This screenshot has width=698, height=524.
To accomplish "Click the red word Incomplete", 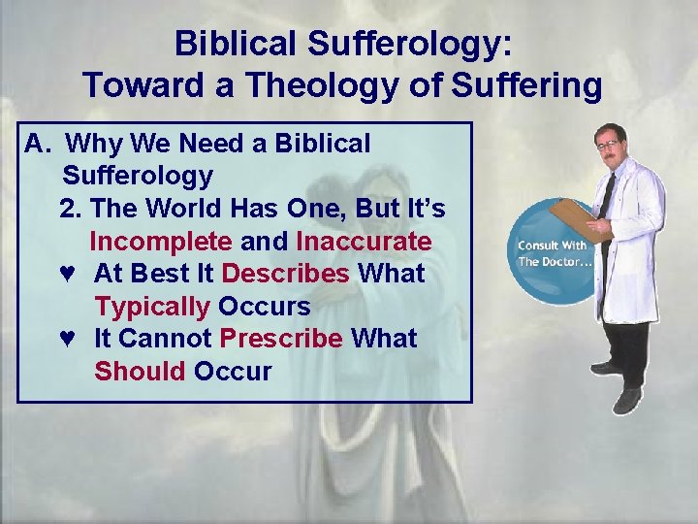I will coord(160,241).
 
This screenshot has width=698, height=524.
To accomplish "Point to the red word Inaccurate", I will coord(364,241).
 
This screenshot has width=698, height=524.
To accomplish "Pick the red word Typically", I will coord(152,307).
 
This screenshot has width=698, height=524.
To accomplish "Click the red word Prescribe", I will coord(281,339).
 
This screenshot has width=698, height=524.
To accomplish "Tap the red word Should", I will coord(140,372).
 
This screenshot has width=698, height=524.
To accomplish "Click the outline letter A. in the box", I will coord(37,144).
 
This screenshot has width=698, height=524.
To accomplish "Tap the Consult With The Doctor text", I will coord(552,253).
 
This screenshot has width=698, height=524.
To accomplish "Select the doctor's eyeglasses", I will coord(607,145).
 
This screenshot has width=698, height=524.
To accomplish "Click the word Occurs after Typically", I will coord(264,307).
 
